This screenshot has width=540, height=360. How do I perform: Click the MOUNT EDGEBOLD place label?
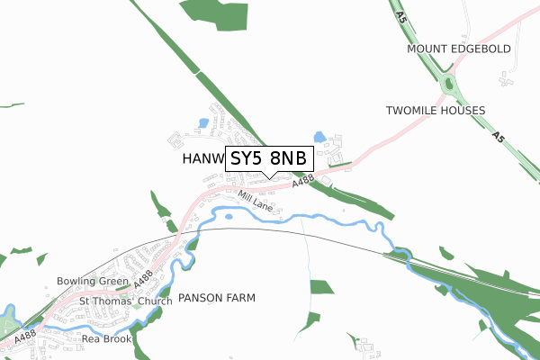pos(458,49)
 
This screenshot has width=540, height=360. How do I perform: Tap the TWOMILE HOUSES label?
pos(435,111)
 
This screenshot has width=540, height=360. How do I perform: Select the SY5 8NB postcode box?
pos(268,159)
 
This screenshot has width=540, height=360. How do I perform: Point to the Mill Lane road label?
pos(256,200)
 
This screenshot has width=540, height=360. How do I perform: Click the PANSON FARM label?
pos(217,297)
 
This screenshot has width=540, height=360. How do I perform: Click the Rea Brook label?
pos(106,339)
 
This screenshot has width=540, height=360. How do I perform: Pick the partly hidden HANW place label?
pos(201,159)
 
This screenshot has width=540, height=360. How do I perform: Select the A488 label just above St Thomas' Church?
pos(143,278)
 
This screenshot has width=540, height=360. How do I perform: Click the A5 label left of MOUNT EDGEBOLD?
pos(399,15)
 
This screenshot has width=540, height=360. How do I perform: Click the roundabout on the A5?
pos(449,85)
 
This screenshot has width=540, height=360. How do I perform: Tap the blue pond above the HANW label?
pos(203,122)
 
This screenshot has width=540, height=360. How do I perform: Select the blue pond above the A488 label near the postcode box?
pos(319,137)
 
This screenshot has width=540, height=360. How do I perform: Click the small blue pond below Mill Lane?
pos(229,216)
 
